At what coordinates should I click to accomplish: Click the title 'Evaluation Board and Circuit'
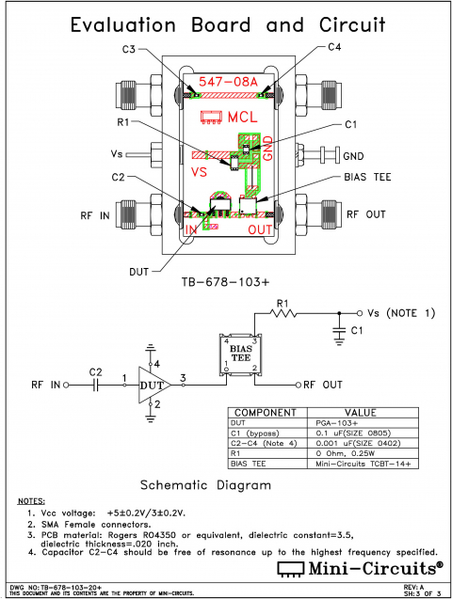226,24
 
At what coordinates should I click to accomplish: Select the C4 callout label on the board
334,48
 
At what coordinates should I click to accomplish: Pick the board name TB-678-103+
225,281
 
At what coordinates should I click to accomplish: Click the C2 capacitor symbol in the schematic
94,385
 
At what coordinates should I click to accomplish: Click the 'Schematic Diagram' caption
205,485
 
